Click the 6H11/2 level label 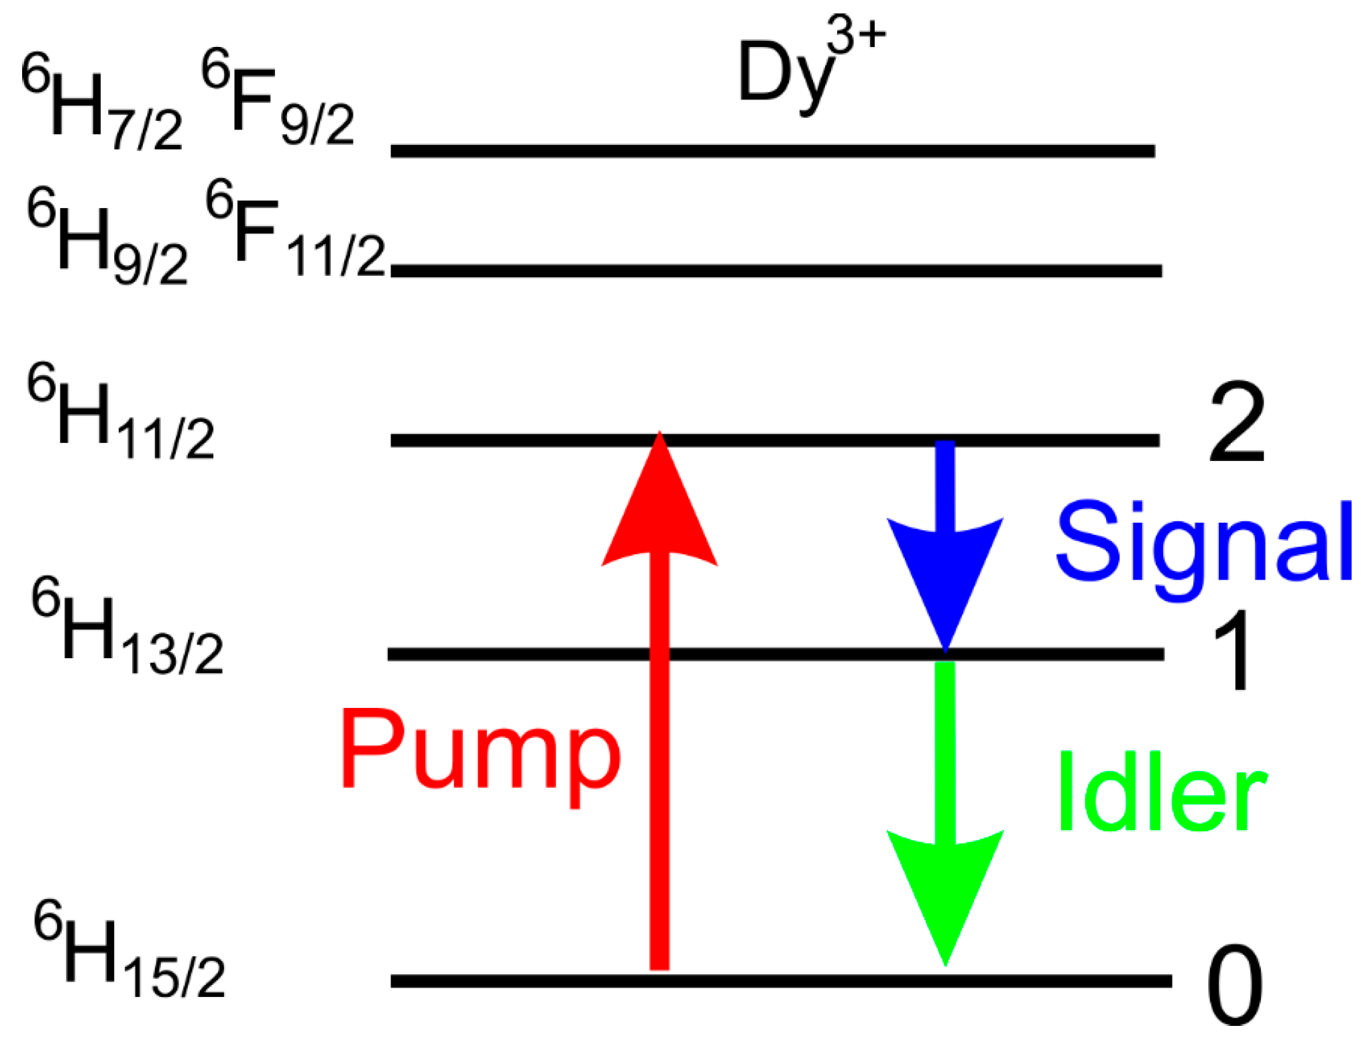point(121,412)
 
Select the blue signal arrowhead point(944,577)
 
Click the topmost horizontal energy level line point(771,151)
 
